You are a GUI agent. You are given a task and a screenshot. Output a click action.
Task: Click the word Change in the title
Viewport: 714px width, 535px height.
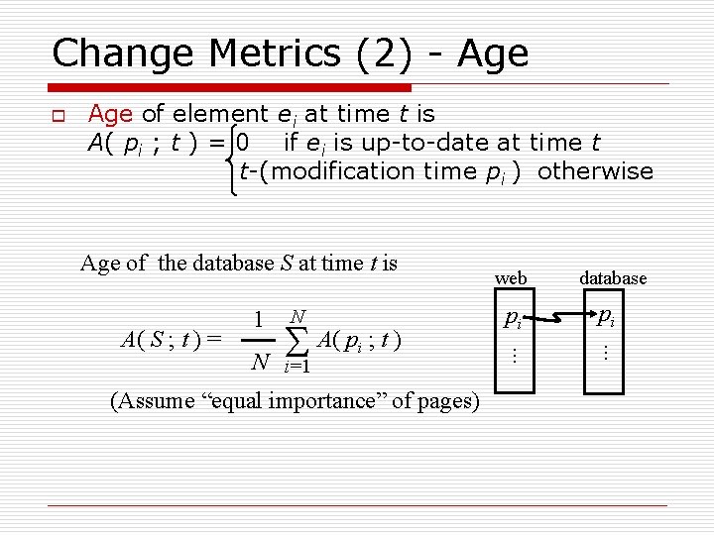[x=114, y=53]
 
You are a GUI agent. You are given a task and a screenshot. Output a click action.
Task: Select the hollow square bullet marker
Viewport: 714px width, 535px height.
[x=57, y=117]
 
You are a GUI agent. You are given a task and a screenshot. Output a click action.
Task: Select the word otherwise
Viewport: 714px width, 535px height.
[x=595, y=171]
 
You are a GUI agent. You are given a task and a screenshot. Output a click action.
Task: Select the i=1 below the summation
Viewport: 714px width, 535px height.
[x=297, y=369]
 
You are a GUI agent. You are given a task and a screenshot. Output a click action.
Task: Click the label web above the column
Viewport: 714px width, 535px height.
[x=511, y=278]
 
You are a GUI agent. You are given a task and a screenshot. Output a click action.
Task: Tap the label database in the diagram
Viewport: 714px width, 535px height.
[x=614, y=278]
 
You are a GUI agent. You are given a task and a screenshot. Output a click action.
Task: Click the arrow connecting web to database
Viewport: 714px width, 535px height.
[x=557, y=318]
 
